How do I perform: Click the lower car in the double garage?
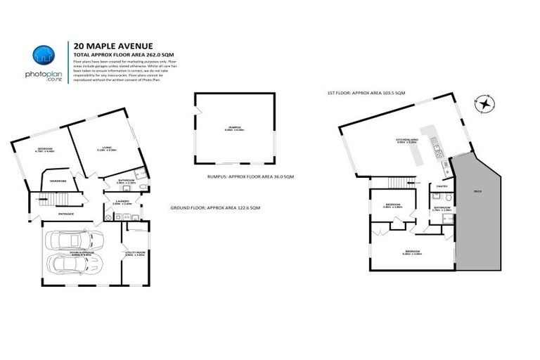pos(75,266)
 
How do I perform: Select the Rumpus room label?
pos(223,127)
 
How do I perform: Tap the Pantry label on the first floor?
pos(442,186)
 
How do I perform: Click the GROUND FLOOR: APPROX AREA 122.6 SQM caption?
pos(216,208)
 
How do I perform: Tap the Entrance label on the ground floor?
pos(67,214)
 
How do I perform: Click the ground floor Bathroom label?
pos(124,181)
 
